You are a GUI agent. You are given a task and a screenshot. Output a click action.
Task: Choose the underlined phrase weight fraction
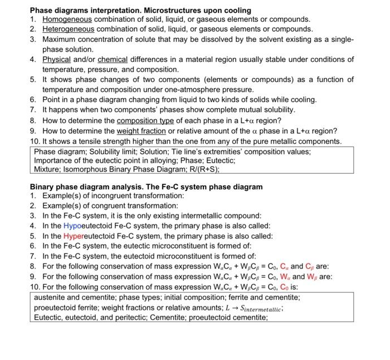click(134, 131)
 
